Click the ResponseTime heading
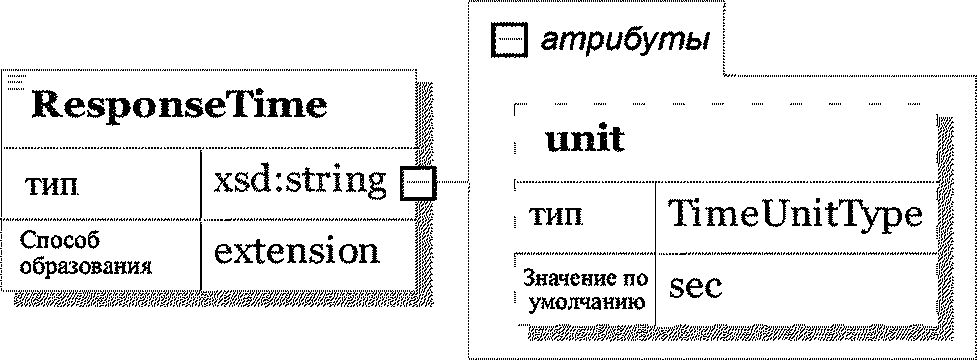pos(179,107)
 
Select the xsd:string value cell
pos(299,182)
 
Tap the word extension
pos(296,252)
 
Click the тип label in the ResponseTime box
pos(52,186)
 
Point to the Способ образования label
pos(85,254)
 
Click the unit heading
pos(584,140)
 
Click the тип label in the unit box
pos(556,216)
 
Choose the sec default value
pos(695,287)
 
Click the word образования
pos(85,267)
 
